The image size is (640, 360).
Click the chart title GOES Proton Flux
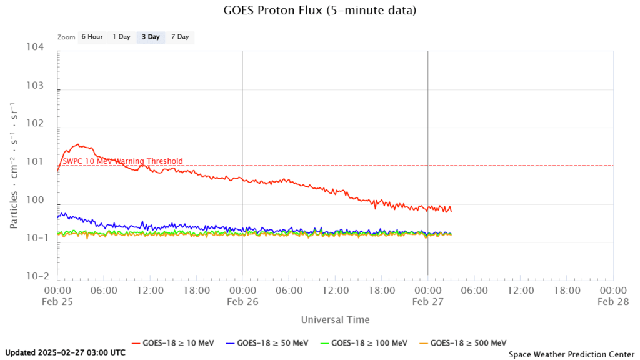[319, 11]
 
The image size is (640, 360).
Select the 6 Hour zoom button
[92, 37]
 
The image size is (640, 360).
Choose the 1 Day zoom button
[121, 37]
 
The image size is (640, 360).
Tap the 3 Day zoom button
[151, 37]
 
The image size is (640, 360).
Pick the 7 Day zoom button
[180, 37]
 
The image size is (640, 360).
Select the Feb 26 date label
[242, 301]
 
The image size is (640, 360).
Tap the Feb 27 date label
[427, 301]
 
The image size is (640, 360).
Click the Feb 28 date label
[612, 301]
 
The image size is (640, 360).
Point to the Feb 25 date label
[57, 301]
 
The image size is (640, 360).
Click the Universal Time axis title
[335, 320]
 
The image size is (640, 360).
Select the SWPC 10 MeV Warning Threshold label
[123, 161]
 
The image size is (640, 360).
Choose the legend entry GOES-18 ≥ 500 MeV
[462, 342]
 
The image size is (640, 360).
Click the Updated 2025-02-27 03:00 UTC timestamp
[65, 352]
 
